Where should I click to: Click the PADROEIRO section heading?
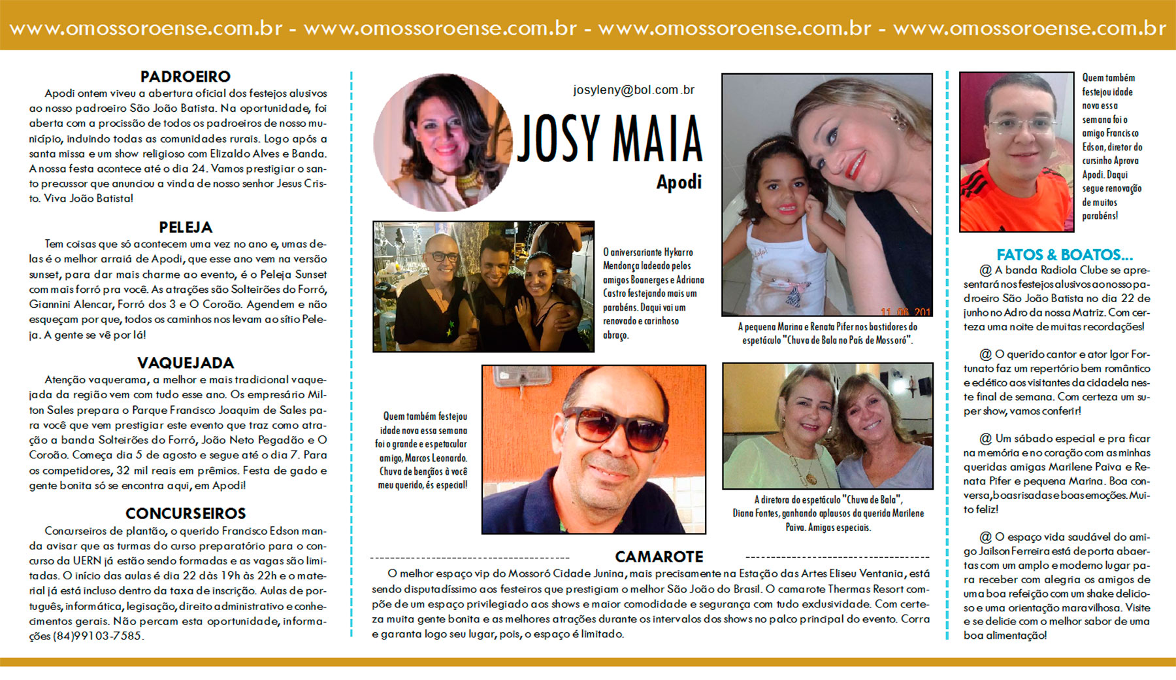(186, 76)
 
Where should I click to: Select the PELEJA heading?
(186, 228)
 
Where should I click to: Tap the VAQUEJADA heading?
(186, 363)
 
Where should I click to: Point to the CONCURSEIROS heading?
(186, 514)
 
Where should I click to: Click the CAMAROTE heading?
(659, 557)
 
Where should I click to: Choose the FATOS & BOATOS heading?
(1064, 255)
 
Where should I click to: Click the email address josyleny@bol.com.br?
(634, 90)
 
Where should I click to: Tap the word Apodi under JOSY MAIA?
(679, 182)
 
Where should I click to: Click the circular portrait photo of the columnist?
(442, 143)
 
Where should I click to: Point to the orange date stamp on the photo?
(905, 311)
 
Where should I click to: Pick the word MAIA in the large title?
(657, 139)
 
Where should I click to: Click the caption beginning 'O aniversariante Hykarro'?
(653, 293)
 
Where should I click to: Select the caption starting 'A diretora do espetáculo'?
(828, 513)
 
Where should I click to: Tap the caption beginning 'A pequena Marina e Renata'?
(827, 333)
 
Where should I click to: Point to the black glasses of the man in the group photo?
(443, 257)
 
